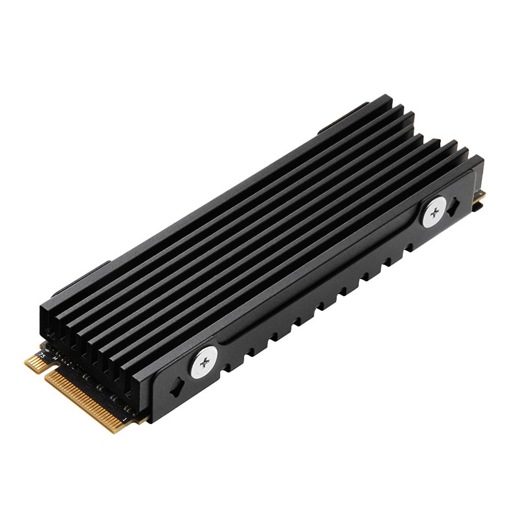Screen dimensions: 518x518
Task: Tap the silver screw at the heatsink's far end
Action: click(434, 212)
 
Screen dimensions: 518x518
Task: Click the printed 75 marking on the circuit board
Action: click(43, 354)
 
